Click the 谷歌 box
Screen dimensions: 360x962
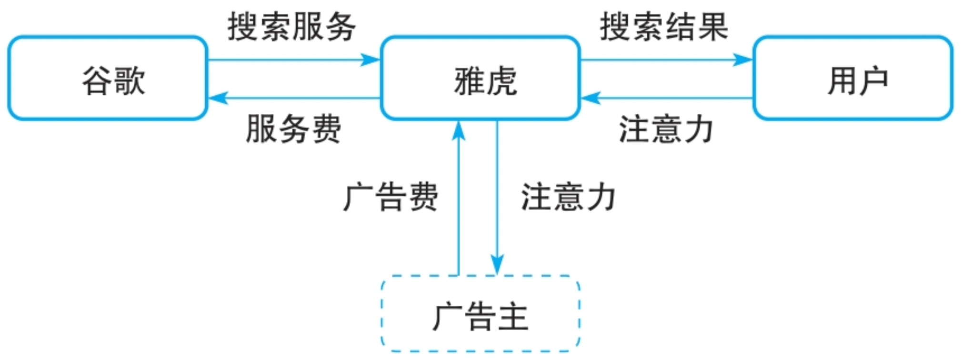[108, 78]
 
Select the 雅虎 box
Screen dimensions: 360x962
[480, 78]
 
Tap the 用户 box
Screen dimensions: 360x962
[852, 78]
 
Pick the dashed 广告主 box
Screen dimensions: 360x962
[480, 314]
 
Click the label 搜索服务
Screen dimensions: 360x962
[291, 27]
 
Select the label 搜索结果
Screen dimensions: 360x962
[664, 27]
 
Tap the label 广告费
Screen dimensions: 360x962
[391, 196]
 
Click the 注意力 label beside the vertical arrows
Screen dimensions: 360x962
[569, 196]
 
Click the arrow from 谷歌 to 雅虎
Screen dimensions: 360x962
[286, 60]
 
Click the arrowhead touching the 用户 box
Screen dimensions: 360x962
[743, 60]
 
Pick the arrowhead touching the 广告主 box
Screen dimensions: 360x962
[497, 265]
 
